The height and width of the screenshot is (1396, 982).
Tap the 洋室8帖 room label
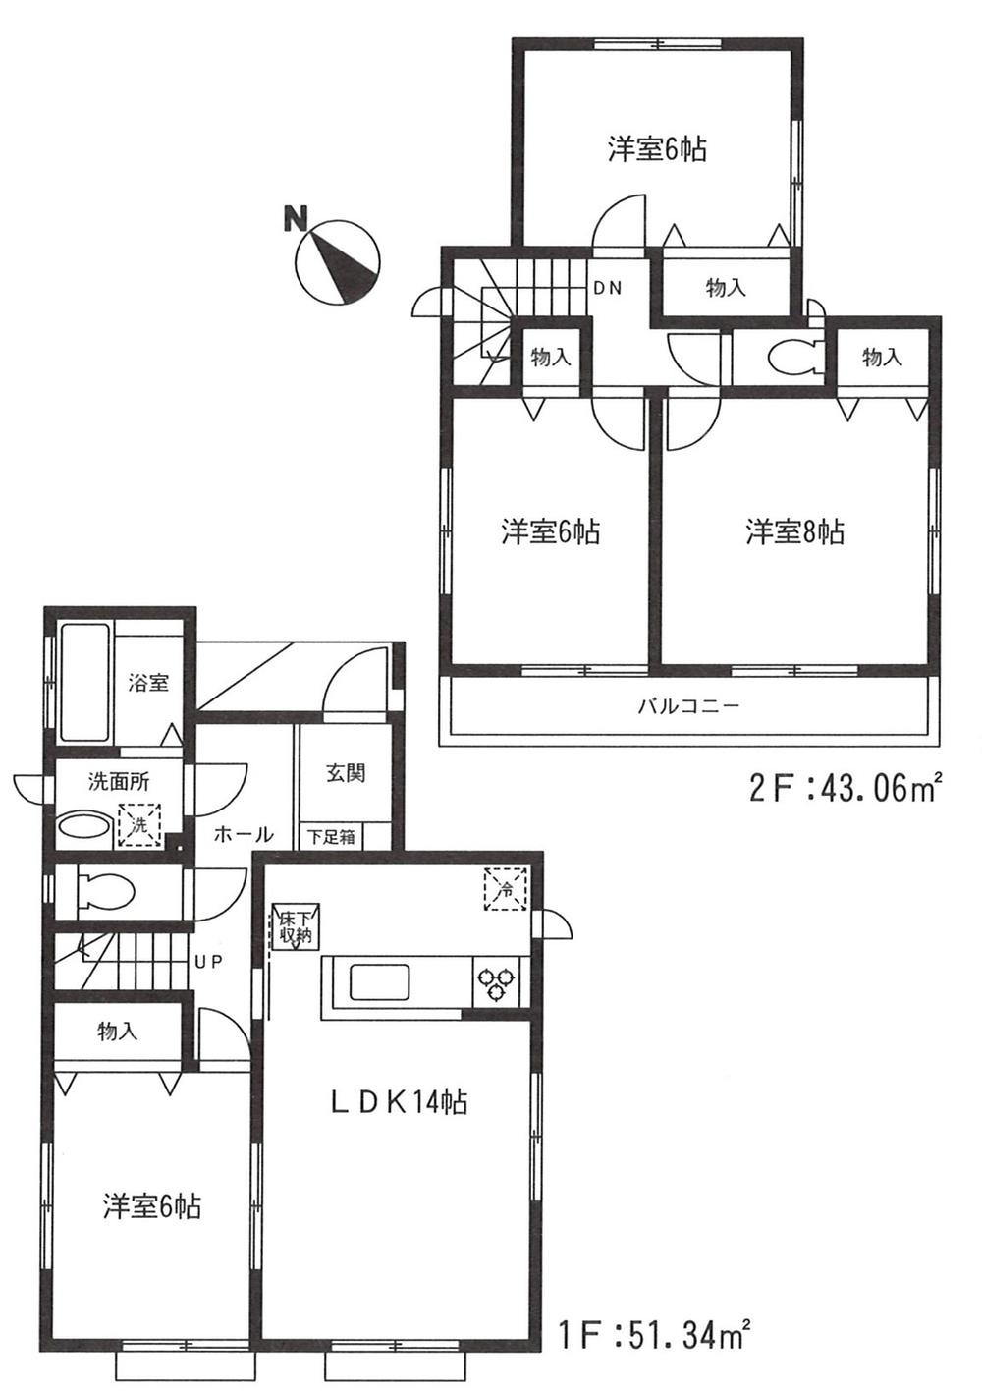(793, 532)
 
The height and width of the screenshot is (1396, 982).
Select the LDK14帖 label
(397, 1102)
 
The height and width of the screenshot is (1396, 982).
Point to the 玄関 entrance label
(346, 773)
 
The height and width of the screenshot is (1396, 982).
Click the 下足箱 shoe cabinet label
(332, 837)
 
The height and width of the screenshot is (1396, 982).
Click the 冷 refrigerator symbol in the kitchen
(505, 890)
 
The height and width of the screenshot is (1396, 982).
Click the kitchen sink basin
(381, 982)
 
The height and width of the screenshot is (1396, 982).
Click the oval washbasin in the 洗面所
(84, 826)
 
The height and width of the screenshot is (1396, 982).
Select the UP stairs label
(206, 963)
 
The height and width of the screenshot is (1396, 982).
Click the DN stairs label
(606, 288)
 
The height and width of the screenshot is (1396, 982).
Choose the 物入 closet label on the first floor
(117, 1032)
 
